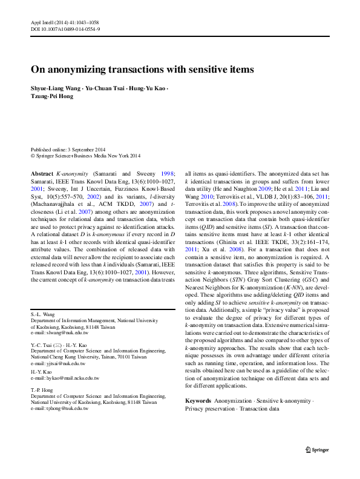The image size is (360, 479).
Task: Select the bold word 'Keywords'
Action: click(198, 401)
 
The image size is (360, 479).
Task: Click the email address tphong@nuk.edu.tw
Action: click(59, 409)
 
